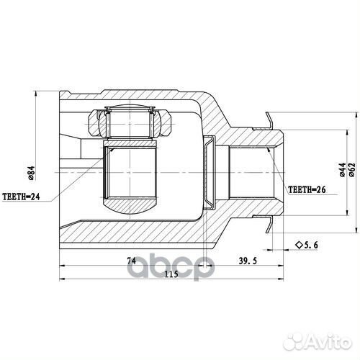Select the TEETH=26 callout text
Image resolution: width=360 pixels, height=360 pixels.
[308, 190]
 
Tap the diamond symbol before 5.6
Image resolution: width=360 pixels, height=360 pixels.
[297, 246]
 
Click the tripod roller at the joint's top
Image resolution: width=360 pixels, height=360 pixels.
[130, 120]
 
